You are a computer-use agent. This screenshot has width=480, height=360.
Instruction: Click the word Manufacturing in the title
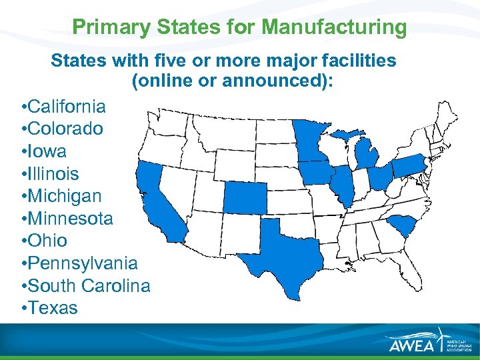[x=334, y=27]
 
